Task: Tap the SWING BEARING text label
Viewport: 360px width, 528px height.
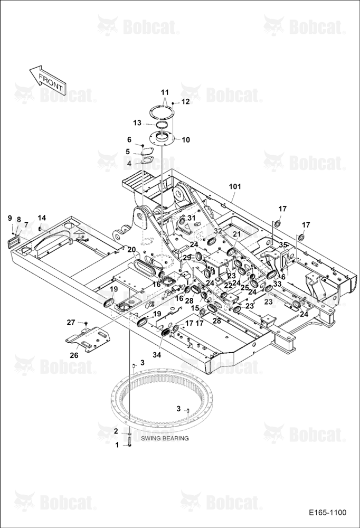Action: pyautogui.click(x=165, y=438)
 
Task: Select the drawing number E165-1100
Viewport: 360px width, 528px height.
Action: pyautogui.click(x=327, y=513)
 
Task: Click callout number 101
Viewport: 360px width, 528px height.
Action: pyautogui.click(x=235, y=186)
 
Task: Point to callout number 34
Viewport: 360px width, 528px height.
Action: pyautogui.click(x=157, y=355)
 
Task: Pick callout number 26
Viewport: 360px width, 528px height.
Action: pyautogui.click(x=74, y=355)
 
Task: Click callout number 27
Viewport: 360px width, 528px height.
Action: pyautogui.click(x=71, y=323)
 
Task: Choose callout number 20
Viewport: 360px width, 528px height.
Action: pyautogui.click(x=131, y=250)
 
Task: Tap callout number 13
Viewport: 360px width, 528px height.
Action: pyautogui.click(x=137, y=123)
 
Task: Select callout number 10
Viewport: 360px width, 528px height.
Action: pyautogui.click(x=186, y=140)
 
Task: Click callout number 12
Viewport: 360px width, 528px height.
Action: pyautogui.click(x=186, y=102)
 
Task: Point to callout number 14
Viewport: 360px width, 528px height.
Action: pyautogui.click(x=42, y=218)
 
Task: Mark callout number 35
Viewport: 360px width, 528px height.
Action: pyautogui.click(x=283, y=245)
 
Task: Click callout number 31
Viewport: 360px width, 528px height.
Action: pyautogui.click(x=192, y=218)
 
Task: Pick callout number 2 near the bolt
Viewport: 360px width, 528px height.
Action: pyautogui.click(x=116, y=431)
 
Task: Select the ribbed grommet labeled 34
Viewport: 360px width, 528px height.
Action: pyautogui.click(x=166, y=332)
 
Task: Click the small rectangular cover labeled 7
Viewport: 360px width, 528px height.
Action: pyautogui.click(x=14, y=242)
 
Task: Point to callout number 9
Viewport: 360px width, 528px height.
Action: pyautogui.click(x=10, y=218)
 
